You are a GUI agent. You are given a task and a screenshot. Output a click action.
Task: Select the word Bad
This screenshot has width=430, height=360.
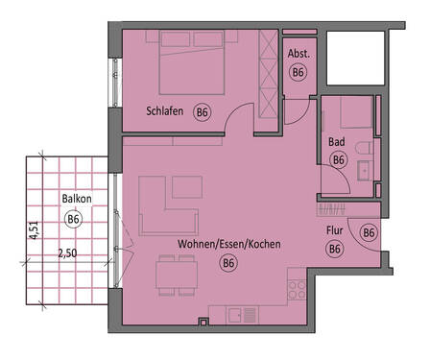click(336, 142)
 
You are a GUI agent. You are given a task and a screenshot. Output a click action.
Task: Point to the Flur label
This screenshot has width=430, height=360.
click(334, 231)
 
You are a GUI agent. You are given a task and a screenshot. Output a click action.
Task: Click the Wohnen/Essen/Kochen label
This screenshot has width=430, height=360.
click(228, 245)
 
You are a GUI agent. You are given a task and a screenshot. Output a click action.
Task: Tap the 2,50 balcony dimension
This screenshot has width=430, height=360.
click(67, 254)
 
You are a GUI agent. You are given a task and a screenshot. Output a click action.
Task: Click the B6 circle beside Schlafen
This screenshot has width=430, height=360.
click(202, 112)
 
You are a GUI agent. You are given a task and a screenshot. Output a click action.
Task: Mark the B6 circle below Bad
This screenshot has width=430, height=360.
click(338, 160)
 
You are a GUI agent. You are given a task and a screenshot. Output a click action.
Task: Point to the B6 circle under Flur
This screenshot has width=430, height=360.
click(334, 249)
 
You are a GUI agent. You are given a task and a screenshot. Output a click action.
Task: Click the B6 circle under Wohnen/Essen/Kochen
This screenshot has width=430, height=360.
click(228, 262)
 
